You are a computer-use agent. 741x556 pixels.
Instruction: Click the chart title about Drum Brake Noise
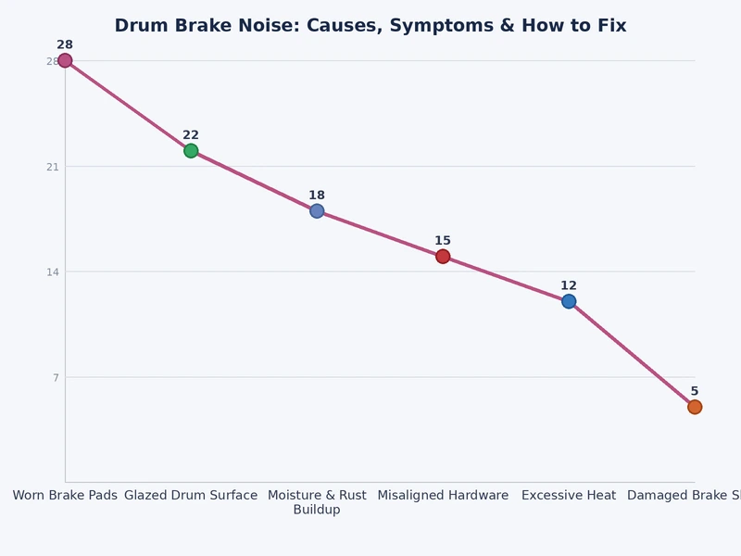click(x=370, y=26)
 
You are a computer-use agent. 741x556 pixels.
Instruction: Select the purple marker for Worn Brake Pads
click(x=65, y=61)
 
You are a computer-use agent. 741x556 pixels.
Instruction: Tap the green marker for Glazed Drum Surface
click(x=191, y=151)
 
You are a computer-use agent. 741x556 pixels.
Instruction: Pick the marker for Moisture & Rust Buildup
click(x=317, y=211)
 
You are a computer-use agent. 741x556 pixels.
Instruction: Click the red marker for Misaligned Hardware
click(x=443, y=257)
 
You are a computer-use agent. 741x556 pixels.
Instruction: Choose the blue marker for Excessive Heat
click(x=569, y=301)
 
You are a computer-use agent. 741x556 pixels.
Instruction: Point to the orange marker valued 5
click(x=695, y=407)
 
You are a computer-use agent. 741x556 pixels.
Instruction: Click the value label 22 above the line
click(x=191, y=135)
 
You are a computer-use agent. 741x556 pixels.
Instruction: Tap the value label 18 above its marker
click(x=317, y=196)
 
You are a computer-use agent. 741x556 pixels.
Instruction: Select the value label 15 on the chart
click(x=443, y=241)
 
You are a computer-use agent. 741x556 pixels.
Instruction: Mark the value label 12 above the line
click(x=569, y=285)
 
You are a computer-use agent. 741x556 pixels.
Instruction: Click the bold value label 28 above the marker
click(x=65, y=44)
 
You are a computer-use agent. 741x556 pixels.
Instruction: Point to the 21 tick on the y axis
click(x=53, y=167)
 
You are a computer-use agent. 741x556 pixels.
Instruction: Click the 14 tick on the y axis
click(x=53, y=272)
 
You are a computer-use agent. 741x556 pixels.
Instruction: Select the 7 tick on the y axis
click(x=56, y=377)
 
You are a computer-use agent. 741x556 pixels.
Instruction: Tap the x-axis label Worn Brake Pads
click(x=65, y=496)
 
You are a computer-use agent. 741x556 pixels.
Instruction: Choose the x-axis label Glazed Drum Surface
click(x=191, y=496)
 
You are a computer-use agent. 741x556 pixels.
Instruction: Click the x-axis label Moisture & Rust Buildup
click(x=317, y=502)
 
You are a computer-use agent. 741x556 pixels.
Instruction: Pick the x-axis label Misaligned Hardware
click(x=443, y=496)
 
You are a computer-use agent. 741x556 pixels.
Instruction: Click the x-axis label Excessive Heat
click(x=569, y=496)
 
